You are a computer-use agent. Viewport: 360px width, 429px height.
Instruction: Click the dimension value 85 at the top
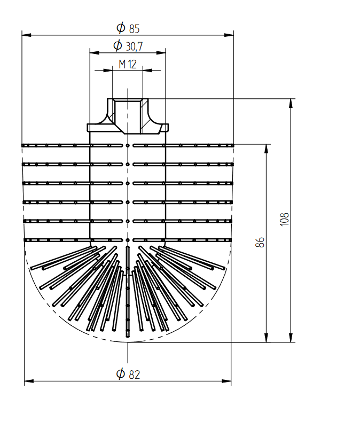click(134, 29)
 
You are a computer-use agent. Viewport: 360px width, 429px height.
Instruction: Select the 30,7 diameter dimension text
click(134, 46)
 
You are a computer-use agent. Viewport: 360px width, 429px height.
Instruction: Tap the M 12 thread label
click(128, 64)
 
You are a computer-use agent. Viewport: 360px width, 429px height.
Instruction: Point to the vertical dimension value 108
click(285, 219)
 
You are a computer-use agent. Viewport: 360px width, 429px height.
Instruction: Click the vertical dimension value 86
click(260, 243)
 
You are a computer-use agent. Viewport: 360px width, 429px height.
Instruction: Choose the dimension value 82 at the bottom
click(134, 375)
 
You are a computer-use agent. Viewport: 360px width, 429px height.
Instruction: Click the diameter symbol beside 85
click(121, 28)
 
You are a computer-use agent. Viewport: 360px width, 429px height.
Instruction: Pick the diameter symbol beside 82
click(120, 373)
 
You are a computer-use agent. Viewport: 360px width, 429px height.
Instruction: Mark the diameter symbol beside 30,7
click(118, 45)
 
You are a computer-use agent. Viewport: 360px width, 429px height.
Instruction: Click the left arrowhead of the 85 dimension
click(26, 35)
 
